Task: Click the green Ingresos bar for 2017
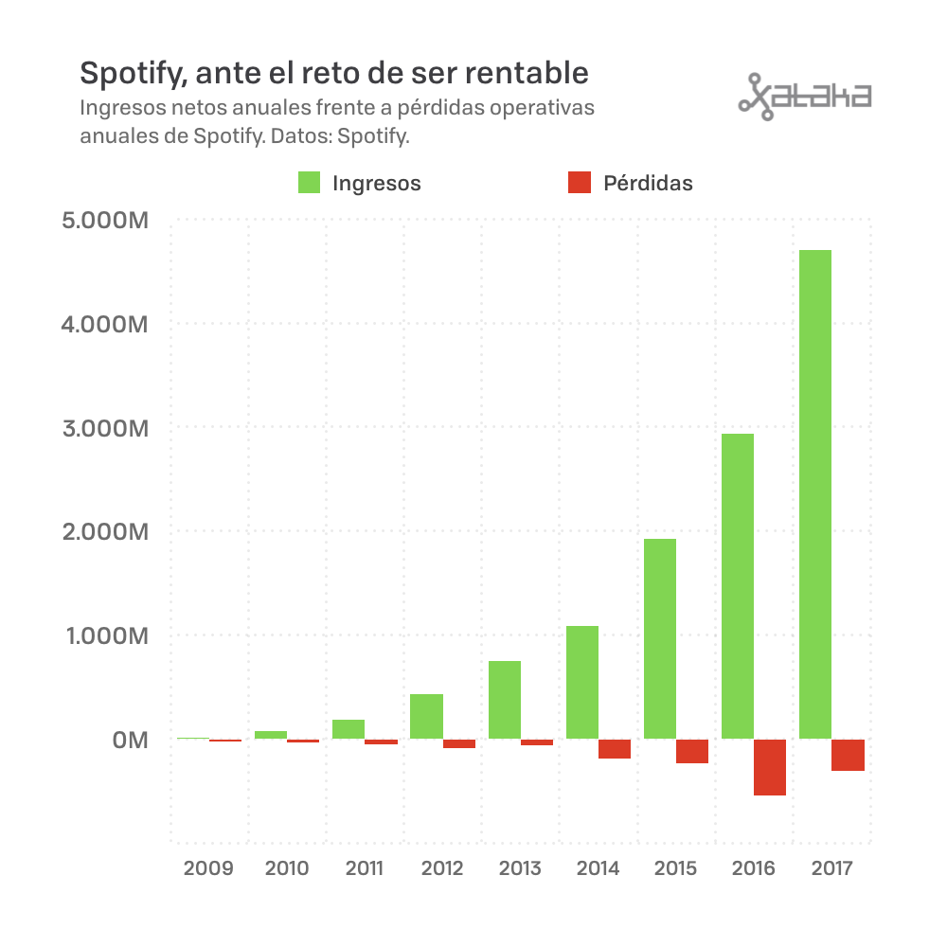[x=815, y=494]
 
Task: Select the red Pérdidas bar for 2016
[x=770, y=767]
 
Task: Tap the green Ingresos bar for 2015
[x=660, y=638]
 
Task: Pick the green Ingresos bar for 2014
[x=582, y=682]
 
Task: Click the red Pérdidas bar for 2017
[x=848, y=755]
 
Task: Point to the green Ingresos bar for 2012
[x=426, y=716]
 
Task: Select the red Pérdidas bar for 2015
[x=692, y=751]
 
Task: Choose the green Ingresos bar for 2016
[x=738, y=586]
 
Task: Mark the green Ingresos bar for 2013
[x=505, y=700]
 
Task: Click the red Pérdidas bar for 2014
[x=615, y=749]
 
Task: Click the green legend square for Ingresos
[x=310, y=183]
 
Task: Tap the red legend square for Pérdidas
[x=580, y=183]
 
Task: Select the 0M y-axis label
[x=130, y=740]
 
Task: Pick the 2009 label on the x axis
[x=208, y=868]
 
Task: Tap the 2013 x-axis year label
[x=520, y=868]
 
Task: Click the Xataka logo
[x=805, y=96]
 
